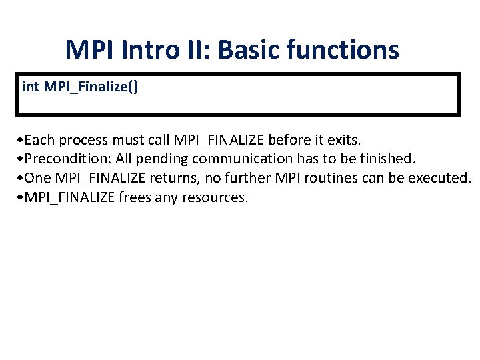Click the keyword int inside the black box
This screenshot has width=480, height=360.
click(30, 87)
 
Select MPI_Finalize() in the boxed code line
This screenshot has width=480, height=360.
click(91, 87)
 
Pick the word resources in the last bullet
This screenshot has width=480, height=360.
click(217, 197)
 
